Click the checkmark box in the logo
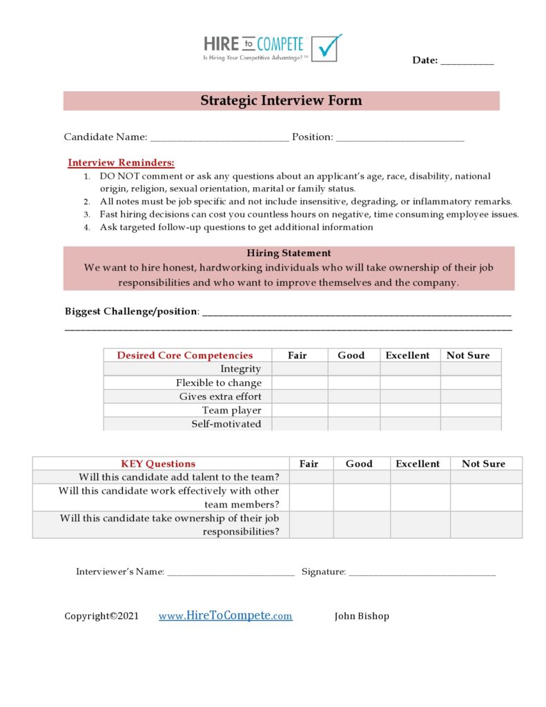click(326, 48)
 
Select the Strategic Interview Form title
click(281, 101)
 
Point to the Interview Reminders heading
click(121, 163)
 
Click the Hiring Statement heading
click(289, 253)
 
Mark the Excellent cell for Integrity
click(409, 369)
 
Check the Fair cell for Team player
click(299, 411)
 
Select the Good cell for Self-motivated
click(353, 425)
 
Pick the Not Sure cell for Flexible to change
click(470, 383)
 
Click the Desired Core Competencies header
click(185, 356)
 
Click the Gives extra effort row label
click(220, 397)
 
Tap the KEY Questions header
click(158, 464)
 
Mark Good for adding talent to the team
click(362, 477)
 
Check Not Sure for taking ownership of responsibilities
click(486, 525)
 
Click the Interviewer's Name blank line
click(231, 573)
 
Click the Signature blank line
click(422, 573)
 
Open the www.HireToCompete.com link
click(225, 616)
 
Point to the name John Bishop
click(362, 617)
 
